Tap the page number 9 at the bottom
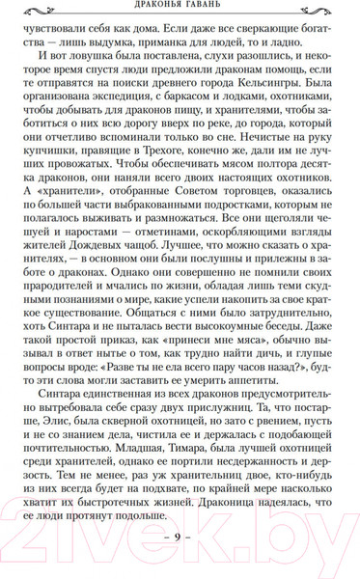click(180, 535)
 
